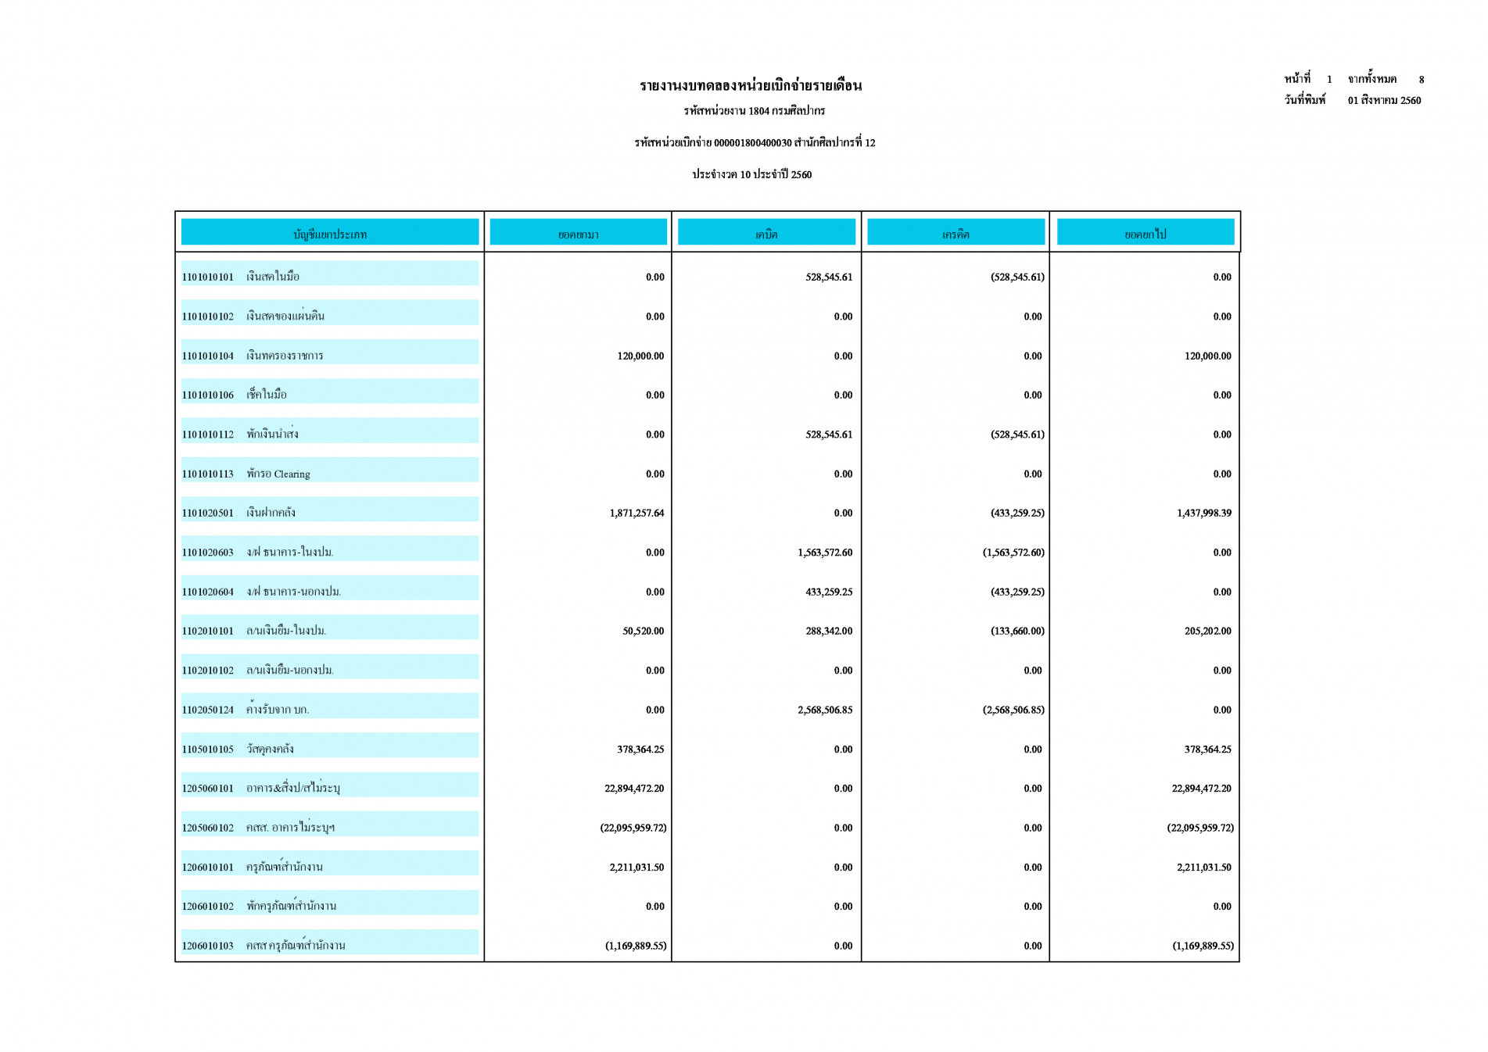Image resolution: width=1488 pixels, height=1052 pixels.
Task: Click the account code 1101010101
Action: pyautogui.click(x=207, y=277)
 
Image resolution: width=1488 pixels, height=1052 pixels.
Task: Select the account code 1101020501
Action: pyautogui.click(x=207, y=513)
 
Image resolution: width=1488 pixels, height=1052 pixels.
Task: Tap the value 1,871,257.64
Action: pyautogui.click(x=636, y=513)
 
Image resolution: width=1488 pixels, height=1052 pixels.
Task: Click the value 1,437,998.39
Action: pyautogui.click(x=1203, y=513)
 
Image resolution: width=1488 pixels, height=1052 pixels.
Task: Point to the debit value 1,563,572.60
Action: pyautogui.click(x=825, y=553)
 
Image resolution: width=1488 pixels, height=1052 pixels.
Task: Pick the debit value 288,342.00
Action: pyautogui.click(x=829, y=631)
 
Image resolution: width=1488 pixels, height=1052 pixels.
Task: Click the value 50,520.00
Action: pyautogui.click(x=643, y=631)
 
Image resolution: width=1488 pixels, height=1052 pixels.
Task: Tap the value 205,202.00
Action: pyautogui.click(x=1207, y=631)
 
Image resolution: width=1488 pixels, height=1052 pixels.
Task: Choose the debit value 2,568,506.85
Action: pyautogui.click(x=825, y=710)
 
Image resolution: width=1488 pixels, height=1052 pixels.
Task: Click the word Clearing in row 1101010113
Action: pyautogui.click(x=292, y=474)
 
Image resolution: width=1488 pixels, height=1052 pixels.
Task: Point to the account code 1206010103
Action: pyautogui.click(x=207, y=946)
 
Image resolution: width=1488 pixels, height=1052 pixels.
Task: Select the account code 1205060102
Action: pyautogui.click(x=207, y=828)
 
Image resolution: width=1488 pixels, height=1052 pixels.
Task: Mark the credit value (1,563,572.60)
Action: pyautogui.click(x=1013, y=553)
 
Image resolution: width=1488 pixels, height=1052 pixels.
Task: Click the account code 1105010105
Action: pyautogui.click(x=207, y=749)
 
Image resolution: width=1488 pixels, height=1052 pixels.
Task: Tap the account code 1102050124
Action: pyautogui.click(x=207, y=710)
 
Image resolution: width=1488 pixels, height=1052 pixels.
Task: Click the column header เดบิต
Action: pyautogui.click(x=766, y=234)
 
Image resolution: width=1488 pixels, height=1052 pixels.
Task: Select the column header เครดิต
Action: pyautogui.click(x=956, y=234)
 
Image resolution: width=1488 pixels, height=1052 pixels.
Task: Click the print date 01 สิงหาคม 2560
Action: pyautogui.click(x=1384, y=100)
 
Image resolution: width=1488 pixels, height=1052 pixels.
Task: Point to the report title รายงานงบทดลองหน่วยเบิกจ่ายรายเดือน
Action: pyautogui.click(x=751, y=85)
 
